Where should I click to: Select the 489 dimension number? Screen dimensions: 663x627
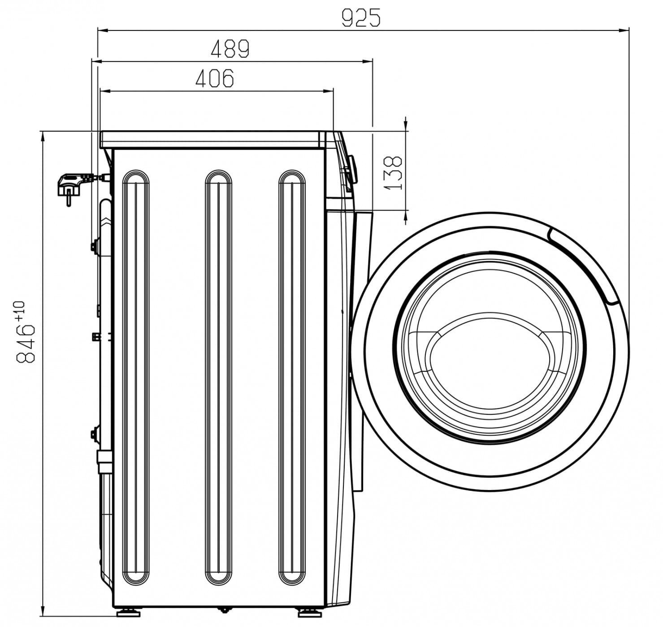click(230, 49)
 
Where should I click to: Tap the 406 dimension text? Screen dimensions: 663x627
click(215, 78)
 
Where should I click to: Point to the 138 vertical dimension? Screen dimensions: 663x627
click(394, 172)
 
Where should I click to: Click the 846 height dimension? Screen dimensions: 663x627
click(26, 343)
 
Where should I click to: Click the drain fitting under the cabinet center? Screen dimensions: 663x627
click(222, 609)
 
